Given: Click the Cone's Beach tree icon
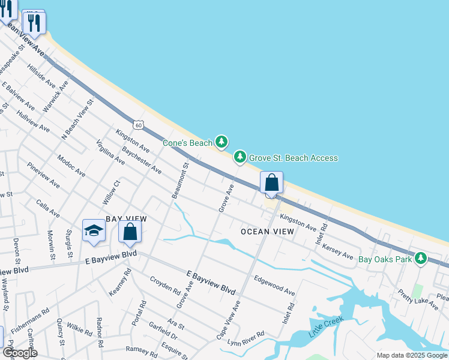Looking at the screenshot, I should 222,142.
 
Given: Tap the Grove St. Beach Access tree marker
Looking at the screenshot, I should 240,157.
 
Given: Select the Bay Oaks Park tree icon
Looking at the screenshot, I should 421,258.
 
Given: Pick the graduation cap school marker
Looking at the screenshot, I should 94,231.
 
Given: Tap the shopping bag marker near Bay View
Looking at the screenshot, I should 130,232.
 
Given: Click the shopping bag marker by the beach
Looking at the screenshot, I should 271,182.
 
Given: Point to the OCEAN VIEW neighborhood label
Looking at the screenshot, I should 267,232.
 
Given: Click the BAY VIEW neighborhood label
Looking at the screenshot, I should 126,220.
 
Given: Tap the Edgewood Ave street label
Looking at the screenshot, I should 274,285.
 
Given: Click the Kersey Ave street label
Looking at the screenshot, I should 337,251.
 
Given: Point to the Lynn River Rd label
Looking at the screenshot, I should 247,339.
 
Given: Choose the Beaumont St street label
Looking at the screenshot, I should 179,181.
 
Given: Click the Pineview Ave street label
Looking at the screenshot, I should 43,174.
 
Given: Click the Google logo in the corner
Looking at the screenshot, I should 19,353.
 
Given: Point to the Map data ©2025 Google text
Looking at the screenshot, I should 412,355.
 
